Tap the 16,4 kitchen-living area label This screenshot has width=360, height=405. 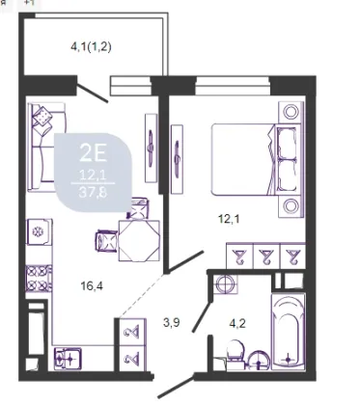pos(92,285)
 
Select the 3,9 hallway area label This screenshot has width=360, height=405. pos(171,322)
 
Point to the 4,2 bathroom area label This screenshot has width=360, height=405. pos(237,323)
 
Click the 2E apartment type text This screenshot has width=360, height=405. pos(93,153)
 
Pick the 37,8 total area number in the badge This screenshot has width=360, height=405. pos(93,193)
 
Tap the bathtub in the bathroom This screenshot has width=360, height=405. pos(288,331)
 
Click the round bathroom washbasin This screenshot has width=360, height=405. pos(259,361)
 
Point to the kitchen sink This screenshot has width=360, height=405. pos(68,358)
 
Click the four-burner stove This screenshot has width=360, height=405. pos(39,278)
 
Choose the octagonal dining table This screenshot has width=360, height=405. pos(139,240)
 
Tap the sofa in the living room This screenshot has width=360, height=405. pos(46,147)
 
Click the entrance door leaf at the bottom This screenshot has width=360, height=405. pos(176,386)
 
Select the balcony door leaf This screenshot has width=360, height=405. pos(93,94)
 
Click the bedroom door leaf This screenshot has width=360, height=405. pos(186,261)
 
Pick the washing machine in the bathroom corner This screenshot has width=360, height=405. pos(226,283)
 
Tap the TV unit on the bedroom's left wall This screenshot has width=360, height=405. pos(177,159)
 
